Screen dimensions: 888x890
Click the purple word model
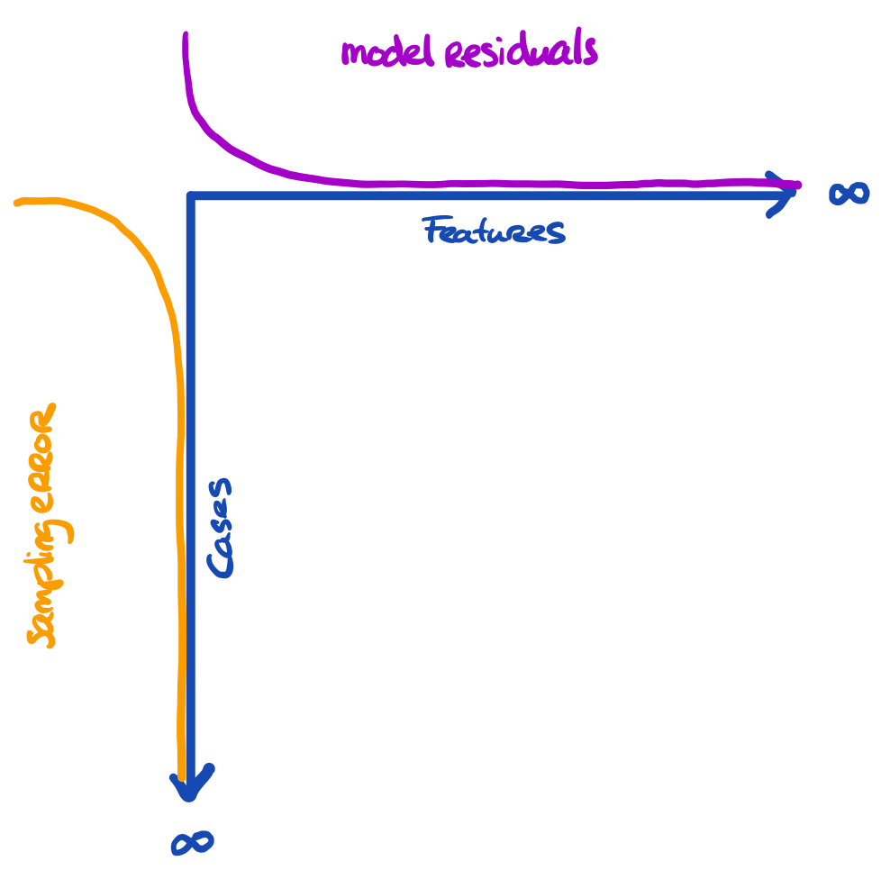point(388,52)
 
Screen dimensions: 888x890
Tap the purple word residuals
point(520,50)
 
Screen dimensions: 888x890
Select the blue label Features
point(494,231)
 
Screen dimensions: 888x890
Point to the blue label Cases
point(220,528)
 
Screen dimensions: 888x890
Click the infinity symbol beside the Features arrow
point(849,193)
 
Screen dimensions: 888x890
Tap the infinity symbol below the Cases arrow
point(192,843)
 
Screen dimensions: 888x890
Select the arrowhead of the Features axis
point(780,194)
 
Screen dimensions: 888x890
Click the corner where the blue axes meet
point(191,195)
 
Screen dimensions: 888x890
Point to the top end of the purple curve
point(186,36)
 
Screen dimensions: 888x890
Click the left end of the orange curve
point(19,203)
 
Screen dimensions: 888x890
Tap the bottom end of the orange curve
point(181,776)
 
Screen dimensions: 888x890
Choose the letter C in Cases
point(220,563)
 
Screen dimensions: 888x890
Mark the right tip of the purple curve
point(797,186)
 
